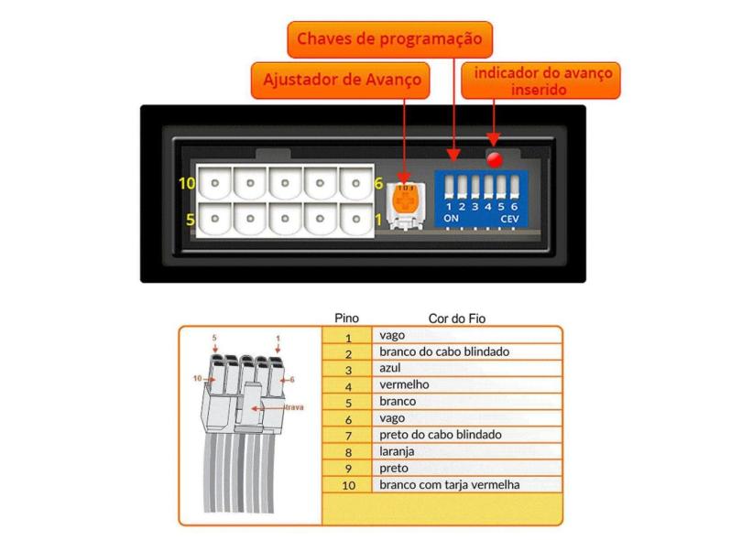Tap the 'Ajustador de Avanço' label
point(343,80)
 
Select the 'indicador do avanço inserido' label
point(540,80)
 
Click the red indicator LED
point(496,159)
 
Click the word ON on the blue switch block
point(451,220)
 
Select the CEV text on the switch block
point(509,220)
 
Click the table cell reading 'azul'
point(390,369)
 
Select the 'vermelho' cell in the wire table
point(403,385)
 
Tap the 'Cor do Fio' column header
point(456,319)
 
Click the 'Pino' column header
point(347,319)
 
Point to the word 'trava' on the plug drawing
point(294,406)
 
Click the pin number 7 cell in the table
point(348,435)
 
